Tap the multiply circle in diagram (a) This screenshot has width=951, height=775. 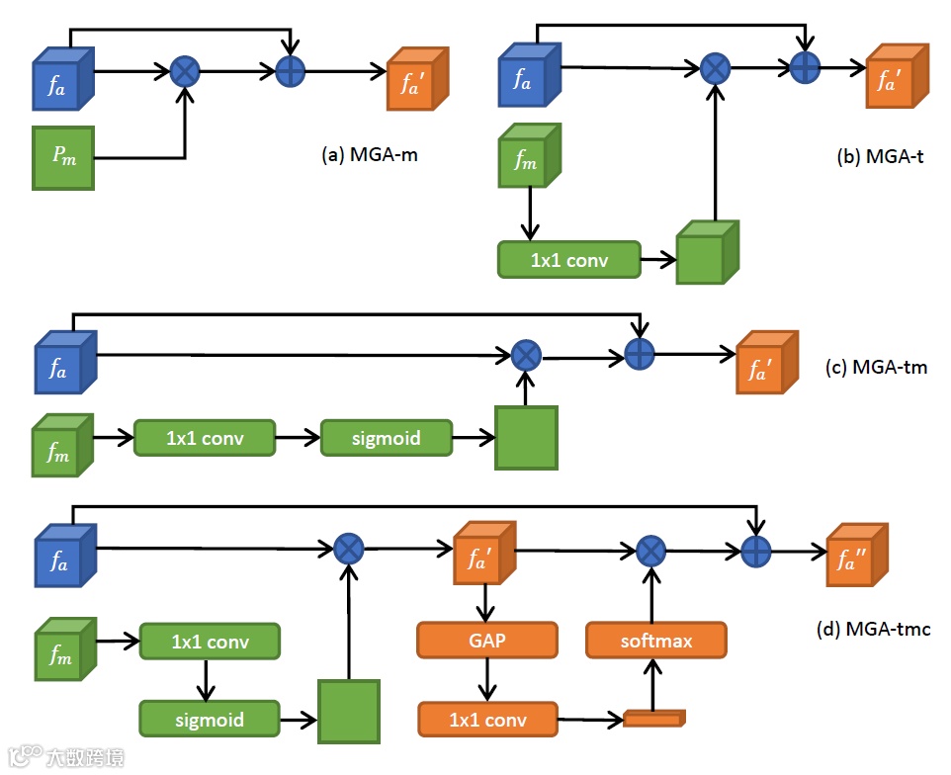[184, 70]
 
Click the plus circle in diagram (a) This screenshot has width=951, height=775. [290, 70]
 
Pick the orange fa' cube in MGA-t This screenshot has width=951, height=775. [896, 76]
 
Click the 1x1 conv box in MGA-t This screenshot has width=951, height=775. [568, 261]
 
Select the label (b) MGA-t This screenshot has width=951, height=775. [879, 155]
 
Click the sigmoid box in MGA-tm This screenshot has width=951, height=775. [386, 437]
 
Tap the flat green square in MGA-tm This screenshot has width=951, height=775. [525, 437]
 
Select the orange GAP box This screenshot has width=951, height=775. [487, 641]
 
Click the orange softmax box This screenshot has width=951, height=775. [656, 641]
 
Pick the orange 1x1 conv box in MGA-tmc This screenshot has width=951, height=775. [487, 720]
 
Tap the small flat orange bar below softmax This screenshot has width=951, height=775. [653, 719]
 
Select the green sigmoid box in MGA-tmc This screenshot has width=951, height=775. [209, 720]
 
